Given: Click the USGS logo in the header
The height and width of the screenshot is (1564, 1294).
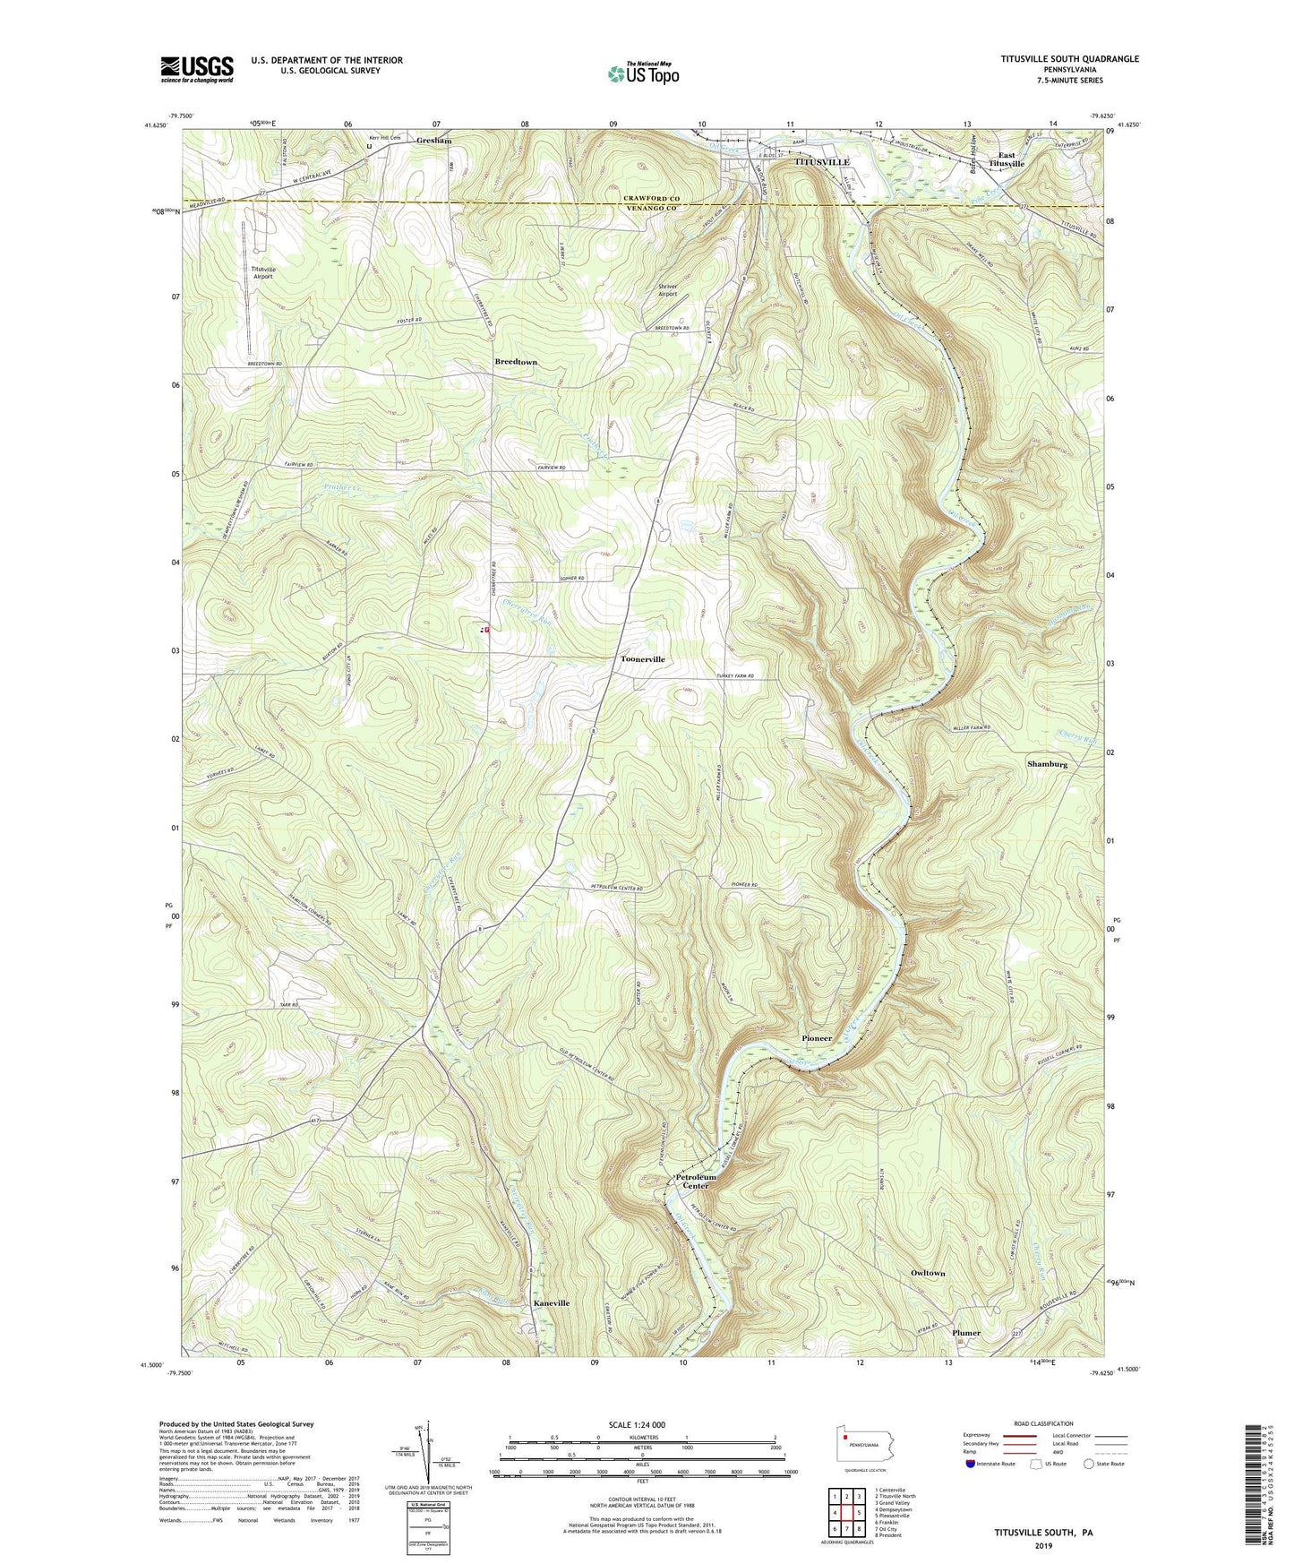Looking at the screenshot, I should (x=197, y=68).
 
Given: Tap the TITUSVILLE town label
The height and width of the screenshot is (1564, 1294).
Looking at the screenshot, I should (x=821, y=162).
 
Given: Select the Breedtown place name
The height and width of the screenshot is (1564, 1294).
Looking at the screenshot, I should (x=516, y=362).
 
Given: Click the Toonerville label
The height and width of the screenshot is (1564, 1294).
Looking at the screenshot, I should (x=642, y=659).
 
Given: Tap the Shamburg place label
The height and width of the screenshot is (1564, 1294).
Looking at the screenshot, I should (x=1047, y=764).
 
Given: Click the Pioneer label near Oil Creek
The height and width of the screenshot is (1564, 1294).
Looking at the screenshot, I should (x=816, y=1038).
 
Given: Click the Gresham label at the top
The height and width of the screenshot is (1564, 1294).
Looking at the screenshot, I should (x=433, y=141).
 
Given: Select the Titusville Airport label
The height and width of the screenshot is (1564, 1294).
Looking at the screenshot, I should (x=262, y=272).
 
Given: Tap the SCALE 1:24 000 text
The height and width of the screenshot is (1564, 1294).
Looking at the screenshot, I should (x=637, y=1424).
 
